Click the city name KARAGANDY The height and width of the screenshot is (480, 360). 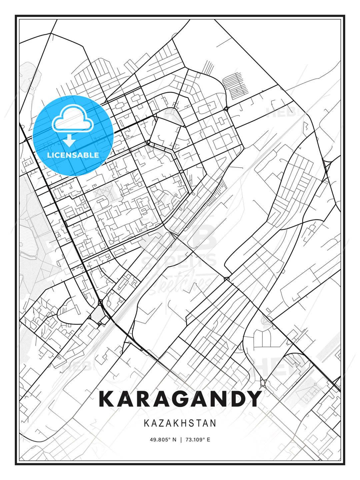coord(180,399)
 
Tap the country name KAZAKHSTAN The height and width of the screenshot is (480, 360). coord(180,423)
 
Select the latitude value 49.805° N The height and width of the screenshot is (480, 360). coord(163,440)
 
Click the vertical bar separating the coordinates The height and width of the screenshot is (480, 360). coord(181,440)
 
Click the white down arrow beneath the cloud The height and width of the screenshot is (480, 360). coord(69,141)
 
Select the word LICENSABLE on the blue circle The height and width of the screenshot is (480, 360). coord(73,155)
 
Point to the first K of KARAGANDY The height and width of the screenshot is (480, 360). coord(106,399)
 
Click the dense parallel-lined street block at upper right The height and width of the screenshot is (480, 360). coord(235,83)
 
